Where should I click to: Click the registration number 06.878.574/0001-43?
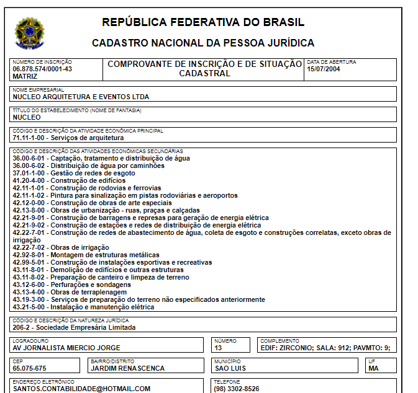tap(42, 69)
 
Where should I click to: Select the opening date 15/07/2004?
tap(324, 69)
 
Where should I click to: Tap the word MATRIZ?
tap(25, 76)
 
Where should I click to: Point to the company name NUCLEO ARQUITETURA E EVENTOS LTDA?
tap(81, 97)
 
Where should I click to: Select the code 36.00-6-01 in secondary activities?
tap(30, 158)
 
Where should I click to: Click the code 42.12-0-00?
tap(30, 203)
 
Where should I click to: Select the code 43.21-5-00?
tap(30, 307)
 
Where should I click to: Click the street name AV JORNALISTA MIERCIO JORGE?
tap(66, 348)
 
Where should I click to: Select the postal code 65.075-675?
tap(30, 368)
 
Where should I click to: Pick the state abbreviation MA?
tap(373, 368)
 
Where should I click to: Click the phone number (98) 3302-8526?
tap(237, 389)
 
